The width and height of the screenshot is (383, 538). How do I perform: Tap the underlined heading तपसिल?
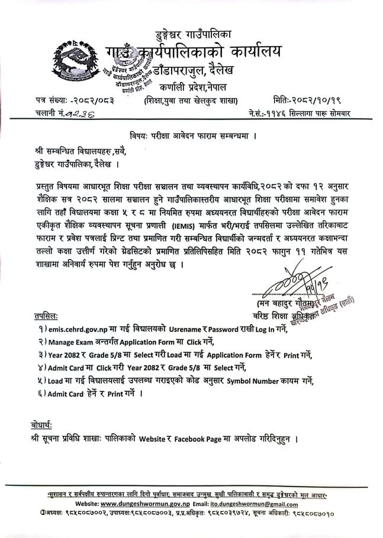(x=44, y=316)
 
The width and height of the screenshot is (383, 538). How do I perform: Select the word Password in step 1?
(x=218, y=329)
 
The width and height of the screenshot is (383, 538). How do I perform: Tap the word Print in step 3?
(x=291, y=355)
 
